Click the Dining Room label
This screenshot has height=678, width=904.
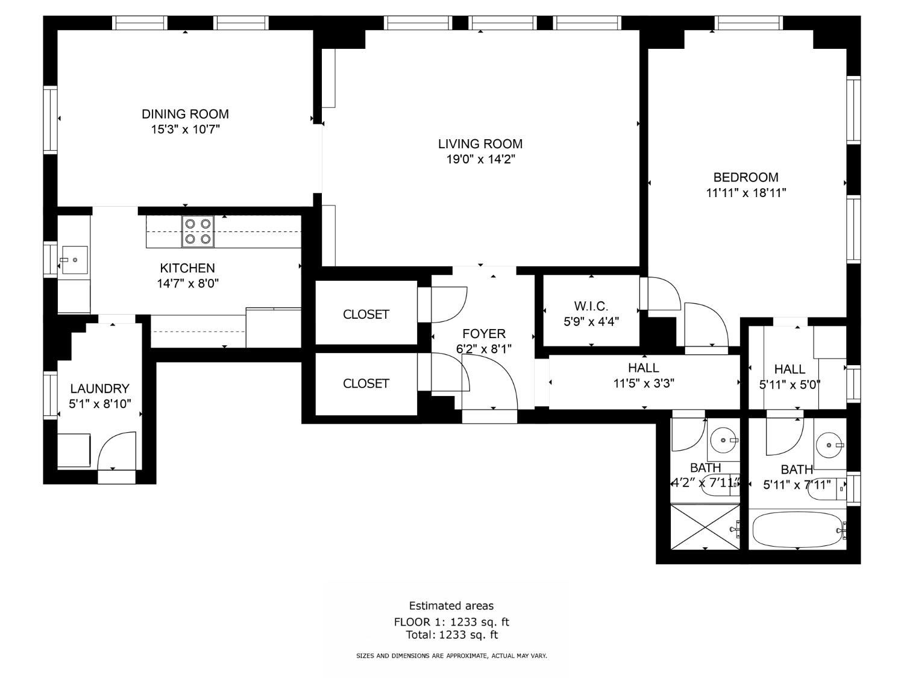(x=185, y=114)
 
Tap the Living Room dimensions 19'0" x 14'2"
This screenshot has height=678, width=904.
(x=480, y=159)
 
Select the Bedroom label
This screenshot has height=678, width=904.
(x=745, y=177)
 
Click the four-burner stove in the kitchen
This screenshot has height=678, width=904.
(x=198, y=231)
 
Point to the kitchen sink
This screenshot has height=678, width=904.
(x=75, y=260)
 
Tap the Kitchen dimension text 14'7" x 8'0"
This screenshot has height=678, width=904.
(x=187, y=283)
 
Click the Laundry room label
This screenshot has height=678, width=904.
(x=99, y=388)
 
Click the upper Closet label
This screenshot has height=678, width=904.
(x=366, y=315)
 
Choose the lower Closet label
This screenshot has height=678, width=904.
(x=366, y=384)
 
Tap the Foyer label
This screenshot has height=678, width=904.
(x=483, y=333)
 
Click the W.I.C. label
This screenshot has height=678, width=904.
(x=591, y=306)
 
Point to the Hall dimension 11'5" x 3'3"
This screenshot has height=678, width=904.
(x=643, y=384)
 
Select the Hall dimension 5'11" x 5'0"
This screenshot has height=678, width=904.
(x=789, y=385)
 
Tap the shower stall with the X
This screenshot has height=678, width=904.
(x=705, y=527)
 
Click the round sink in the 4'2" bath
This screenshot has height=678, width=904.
(x=723, y=440)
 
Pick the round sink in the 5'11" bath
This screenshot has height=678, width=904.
(x=829, y=445)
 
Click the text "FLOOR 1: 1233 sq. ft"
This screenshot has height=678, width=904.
(x=451, y=621)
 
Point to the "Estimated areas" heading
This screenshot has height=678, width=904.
(x=451, y=606)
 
